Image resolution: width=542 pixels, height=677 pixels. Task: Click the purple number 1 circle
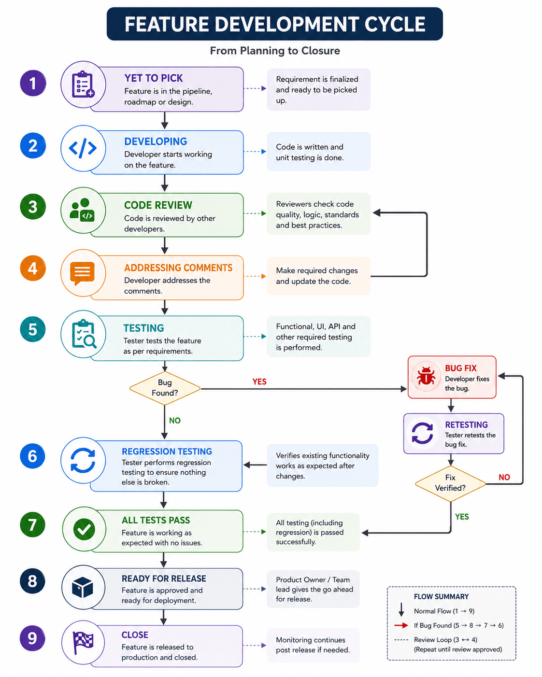coord(33,83)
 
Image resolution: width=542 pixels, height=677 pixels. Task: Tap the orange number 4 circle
coord(33,268)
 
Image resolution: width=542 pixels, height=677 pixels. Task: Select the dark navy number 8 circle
coord(32,581)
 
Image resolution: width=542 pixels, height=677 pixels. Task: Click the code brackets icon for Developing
coord(83,148)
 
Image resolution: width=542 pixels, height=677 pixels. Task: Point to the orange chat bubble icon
coord(83,273)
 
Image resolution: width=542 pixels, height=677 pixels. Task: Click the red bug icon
coord(426,376)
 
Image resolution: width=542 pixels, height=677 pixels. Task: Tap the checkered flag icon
coord(83,642)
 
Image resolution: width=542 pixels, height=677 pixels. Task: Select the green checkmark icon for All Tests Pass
coord(84,529)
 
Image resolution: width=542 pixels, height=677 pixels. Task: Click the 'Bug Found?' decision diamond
coord(165,388)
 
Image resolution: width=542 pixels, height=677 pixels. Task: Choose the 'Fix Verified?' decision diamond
coord(450,483)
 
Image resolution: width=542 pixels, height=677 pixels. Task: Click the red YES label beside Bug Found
coord(259,381)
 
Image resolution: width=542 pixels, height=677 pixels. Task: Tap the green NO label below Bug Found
coord(175,420)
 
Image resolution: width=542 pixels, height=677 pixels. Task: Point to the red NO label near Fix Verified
coord(504,477)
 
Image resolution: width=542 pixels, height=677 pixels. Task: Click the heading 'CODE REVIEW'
coord(158,205)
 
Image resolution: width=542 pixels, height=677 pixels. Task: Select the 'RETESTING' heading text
coord(466,425)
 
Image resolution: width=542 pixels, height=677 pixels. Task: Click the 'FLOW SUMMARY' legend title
coord(441,597)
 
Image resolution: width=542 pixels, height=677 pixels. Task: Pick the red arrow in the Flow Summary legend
coord(401,625)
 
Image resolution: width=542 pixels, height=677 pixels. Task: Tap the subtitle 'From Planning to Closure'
coord(275,51)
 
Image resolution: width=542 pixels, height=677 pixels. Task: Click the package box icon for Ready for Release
coord(83,587)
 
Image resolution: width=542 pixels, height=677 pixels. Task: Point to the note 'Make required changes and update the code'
coord(317,276)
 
